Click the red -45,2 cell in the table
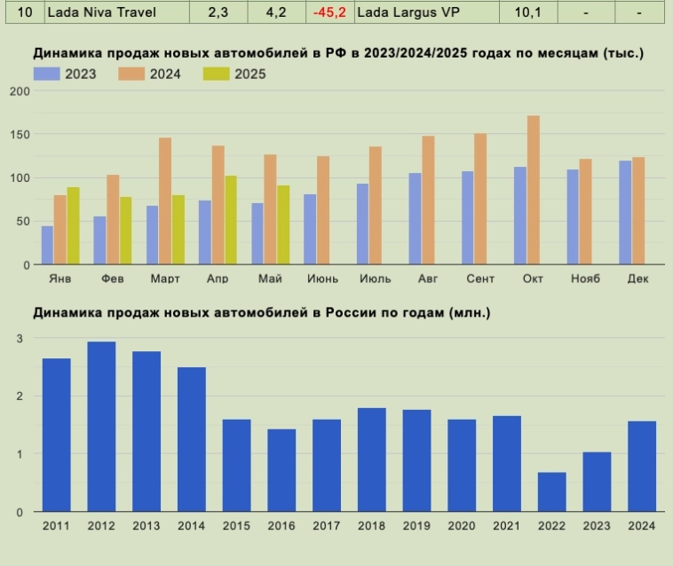pos(329,12)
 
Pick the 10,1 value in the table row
pos(516,12)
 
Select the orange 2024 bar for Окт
pos(533,190)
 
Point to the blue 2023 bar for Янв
pos(47,245)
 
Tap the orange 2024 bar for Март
pos(165,200)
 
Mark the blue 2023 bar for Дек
pos(625,212)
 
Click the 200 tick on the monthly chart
pos(20,91)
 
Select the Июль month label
pos(376,279)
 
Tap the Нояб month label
pos(584,279)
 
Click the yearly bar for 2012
pos(101,427)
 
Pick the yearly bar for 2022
pos(551,491)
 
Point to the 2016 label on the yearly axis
pos(281,526)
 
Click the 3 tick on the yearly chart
pos(20,338)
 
